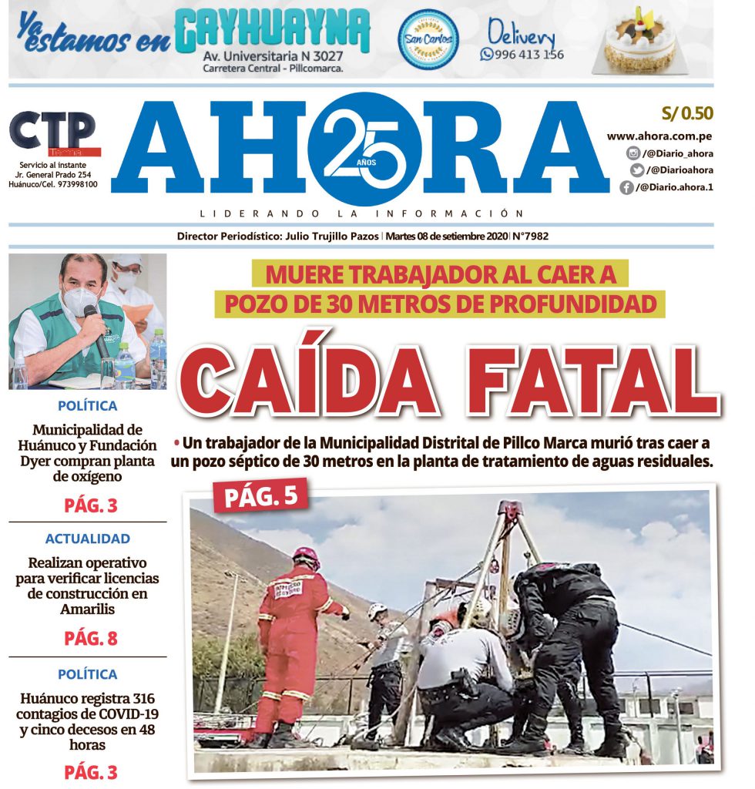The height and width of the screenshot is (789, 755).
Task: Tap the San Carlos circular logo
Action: coord(428,39)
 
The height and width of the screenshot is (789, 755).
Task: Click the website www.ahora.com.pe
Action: coord(658,136)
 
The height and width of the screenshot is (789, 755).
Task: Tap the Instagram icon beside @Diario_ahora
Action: coord(633,153)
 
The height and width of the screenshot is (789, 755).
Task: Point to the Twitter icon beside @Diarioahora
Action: coord(636,170)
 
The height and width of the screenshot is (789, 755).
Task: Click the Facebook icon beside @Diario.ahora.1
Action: coord(626,187)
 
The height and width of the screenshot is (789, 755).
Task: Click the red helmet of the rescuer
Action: coord(306,556)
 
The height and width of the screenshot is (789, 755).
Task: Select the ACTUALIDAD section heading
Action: coord(87,539)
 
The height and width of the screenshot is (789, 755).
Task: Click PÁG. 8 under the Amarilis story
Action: coord(90,638)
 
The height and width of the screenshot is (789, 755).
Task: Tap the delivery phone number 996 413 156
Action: coord(529,55)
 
